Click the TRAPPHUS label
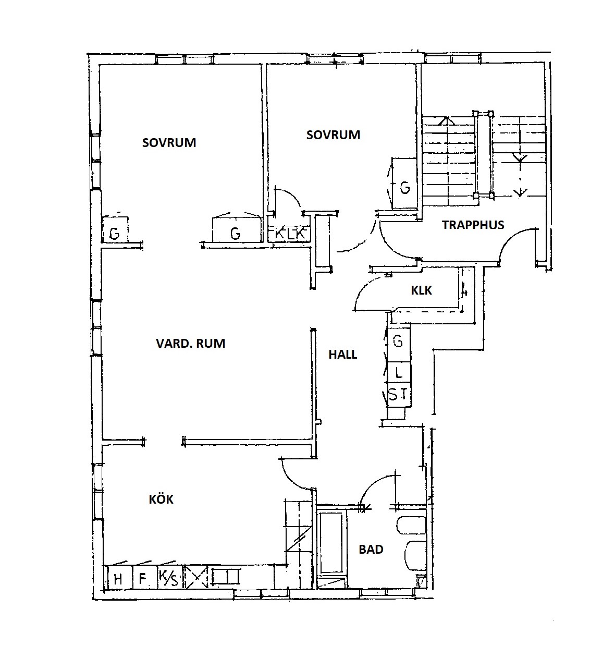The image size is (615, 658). pyautogui.click(x=473, y=225)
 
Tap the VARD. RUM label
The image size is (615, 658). pyautogui.click(x=191, y=343)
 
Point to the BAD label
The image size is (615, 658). pyautogui.click(x=371, y=550)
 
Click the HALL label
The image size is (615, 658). pyautogui.click(x=342, y=355)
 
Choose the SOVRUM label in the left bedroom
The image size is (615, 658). pyautogui.click(x=169, y=143)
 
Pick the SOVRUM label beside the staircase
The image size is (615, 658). pyautogui.click(x=333, y=135)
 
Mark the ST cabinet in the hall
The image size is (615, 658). pyautogui.click(x=399, y=395)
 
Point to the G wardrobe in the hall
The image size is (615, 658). pyautogui.click(x=399, y=342)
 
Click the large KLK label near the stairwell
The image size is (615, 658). pyautogui.click(x=421, y=290)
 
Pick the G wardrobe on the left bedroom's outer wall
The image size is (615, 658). pyautogui.click(x=115, y=229)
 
